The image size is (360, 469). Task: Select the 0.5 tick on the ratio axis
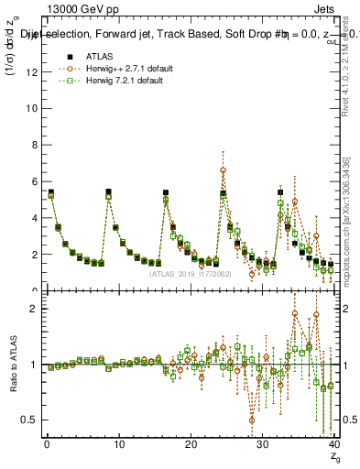[x=32, y=420]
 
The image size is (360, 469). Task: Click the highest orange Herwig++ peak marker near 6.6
[x=223, y=170]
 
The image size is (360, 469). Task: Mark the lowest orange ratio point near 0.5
[x=252, y=420]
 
